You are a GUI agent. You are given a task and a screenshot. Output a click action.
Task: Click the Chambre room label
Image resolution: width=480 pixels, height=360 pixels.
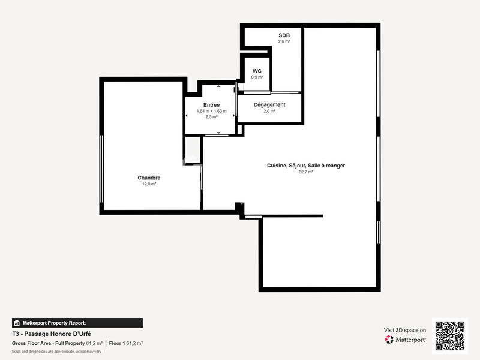click(x=149, y=178)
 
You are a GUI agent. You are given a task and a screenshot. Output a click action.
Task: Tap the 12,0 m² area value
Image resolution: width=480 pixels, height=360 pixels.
click(x=149, y=184)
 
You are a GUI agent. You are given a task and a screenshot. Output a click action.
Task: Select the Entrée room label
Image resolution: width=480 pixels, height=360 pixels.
click(x=211, y=105)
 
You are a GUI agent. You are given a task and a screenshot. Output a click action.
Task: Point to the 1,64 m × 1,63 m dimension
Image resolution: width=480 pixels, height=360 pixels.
click(x=211, y=111)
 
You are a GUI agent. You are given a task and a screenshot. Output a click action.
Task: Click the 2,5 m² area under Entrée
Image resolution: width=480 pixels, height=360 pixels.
click(x=211, y=117)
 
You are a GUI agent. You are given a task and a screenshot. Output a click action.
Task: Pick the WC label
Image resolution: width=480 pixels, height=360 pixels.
click(x=257, y=71)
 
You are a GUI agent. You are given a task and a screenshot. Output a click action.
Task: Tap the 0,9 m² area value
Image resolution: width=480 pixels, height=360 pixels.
click(x=257, y=77)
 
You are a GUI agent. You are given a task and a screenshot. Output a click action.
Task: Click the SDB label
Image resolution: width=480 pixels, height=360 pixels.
click(x=284, y=35)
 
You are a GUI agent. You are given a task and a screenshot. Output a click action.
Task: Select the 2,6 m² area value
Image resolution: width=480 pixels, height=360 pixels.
click(x=284, y=42)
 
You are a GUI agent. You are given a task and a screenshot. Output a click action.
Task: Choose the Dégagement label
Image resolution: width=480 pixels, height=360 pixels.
click(x=269, y=104)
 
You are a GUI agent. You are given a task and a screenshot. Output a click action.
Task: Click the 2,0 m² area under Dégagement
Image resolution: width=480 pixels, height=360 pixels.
click(x=269, y=111)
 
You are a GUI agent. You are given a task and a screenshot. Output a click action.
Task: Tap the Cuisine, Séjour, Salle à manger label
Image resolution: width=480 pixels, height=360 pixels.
click(x=306, y=166)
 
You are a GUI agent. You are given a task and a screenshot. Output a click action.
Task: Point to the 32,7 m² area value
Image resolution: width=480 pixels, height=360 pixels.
click(x=306, y=172)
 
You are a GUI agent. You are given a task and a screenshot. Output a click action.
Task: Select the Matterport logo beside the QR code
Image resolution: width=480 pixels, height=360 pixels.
click(x=406, y=340)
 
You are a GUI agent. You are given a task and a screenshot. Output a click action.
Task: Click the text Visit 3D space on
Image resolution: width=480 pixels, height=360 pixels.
click(x=405, y=330)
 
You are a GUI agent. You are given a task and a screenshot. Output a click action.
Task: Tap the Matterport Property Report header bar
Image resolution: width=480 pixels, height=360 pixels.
click(x=77, y=323)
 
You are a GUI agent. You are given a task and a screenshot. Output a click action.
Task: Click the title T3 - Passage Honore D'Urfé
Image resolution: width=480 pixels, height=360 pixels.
click(x=51, y=334)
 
